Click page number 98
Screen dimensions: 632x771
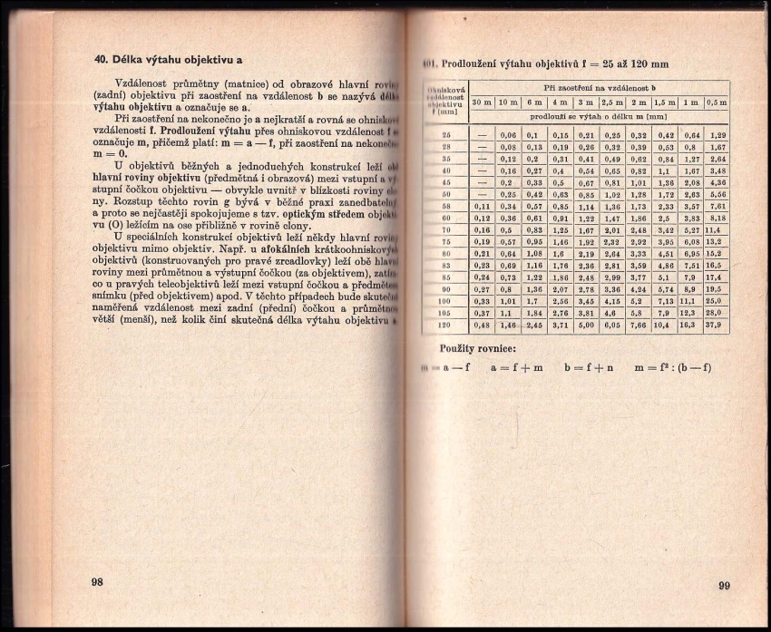click(x=97, y=581)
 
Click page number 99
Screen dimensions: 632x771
click(x=723, y=586)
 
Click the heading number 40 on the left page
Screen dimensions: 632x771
click(x=102, y=60)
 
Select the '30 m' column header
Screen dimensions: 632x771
click(x=482, y=102)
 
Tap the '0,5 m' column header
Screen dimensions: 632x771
click(x=717, y=102)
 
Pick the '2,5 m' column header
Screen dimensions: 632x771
click(x=611, y=102)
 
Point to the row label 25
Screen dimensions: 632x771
click(x=446, y=134)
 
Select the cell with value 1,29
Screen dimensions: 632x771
click(x=717, y=134)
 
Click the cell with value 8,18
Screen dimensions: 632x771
click(x=717, y=218)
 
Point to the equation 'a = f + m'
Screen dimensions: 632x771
click(x=517, y=367)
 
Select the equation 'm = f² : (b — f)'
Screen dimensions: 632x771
click(x=671, y=367)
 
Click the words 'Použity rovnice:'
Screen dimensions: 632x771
click(x=478, y=347)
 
